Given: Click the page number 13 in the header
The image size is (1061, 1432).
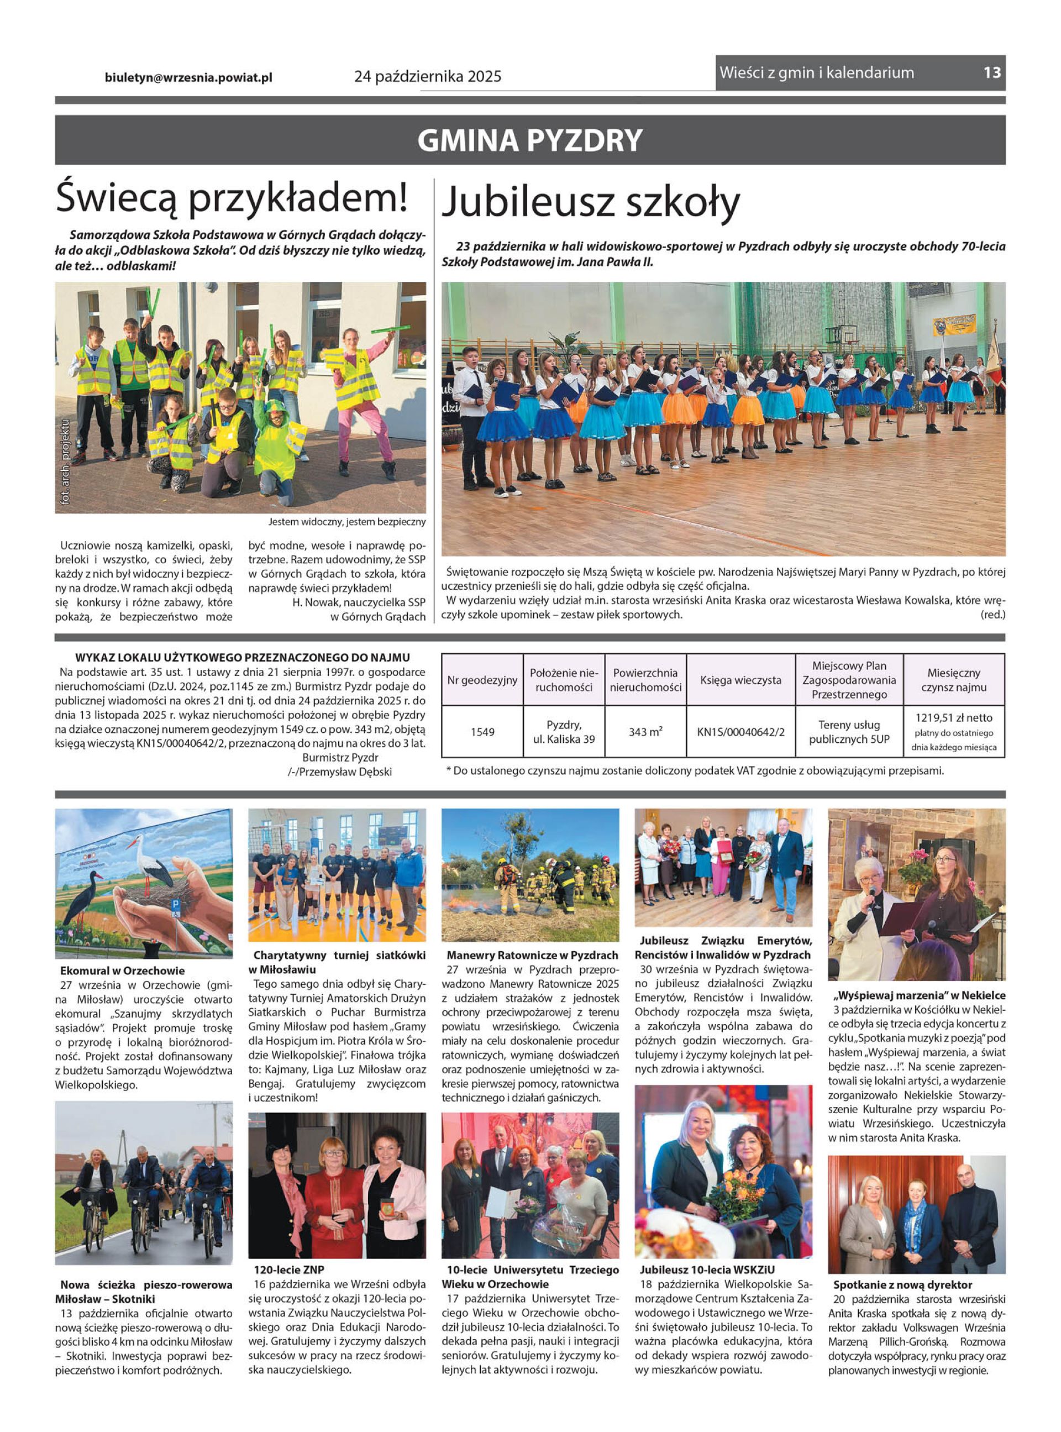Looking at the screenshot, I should click(x=991, y=72).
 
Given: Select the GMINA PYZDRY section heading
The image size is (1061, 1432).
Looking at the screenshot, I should click(x=530, y=140).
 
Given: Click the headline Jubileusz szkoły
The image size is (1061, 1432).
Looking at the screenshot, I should click(x=591, y=202).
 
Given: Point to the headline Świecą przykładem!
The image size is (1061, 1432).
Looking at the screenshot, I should click(x=231, y=197).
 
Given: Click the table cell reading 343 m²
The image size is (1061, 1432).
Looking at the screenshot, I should click(x=645, y=731).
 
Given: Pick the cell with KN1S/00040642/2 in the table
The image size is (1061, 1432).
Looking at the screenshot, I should click(x=740, y=731).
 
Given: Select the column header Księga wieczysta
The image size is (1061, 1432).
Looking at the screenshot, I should click(x=740, y=680).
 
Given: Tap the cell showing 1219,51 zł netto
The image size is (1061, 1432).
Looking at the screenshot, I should click(x=954, y=718).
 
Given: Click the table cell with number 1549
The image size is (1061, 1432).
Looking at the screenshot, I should click(x=482, y=731).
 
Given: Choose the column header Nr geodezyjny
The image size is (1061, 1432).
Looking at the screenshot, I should click(x=482, y=680).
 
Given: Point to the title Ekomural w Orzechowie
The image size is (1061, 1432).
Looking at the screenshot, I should click(x=122, y=971).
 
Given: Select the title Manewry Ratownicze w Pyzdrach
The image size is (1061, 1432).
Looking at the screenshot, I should click(x=532, y=956).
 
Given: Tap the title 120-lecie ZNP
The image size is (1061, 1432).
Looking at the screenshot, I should click(x=288, y=1270).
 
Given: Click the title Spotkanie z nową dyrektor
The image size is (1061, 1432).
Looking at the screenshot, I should click(x=902, y=1285).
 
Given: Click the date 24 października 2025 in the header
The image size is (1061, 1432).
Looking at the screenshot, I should click(x=428, y=77).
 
